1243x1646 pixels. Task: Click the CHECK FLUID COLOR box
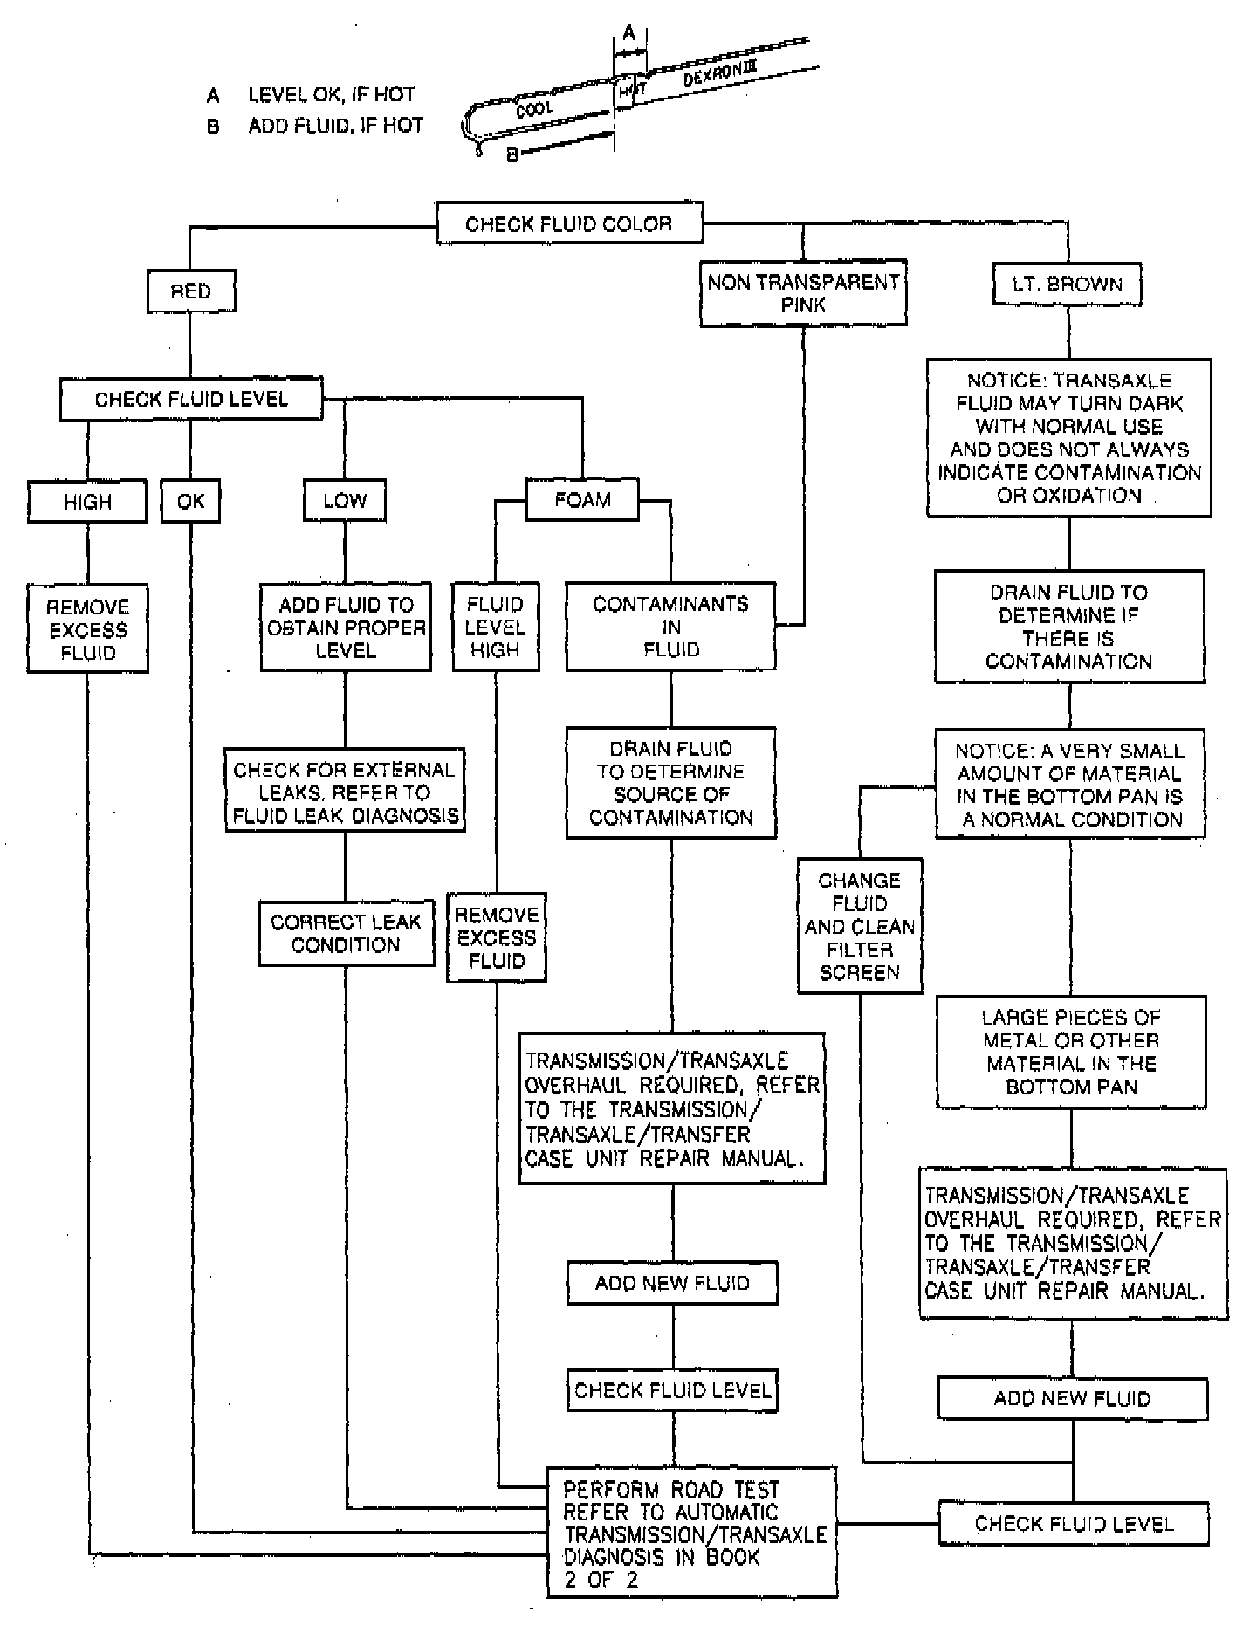click(x=569, y=224)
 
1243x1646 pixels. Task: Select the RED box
click(x=191, y=291)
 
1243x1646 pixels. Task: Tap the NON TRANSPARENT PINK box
click(x=803, y=293)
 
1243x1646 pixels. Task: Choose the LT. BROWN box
click(x=1067, y=285)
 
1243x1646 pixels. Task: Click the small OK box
click(x=190, y=501)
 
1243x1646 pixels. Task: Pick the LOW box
click(x=345, y=501)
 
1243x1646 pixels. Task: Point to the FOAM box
click(x=582, y=500)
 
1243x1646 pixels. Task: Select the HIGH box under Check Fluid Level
click(x=87, y=502)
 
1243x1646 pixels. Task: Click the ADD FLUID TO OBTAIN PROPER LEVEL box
click(x=346, y=628)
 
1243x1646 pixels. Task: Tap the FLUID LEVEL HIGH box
click(x=495, y=627)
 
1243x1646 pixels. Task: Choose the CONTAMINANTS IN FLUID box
click(x=670, y=627)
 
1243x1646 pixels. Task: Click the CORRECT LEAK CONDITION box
click(x=346, y=933)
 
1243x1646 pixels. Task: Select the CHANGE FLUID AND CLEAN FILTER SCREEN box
click(x=860, y=926)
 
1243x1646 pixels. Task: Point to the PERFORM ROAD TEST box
click(x=692, y=1533)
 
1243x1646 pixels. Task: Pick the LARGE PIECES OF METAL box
click(x=1071, y=1052)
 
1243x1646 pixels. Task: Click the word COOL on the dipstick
click(x=534, y=110)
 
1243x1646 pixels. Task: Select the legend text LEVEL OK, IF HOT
click(x=332, y=94)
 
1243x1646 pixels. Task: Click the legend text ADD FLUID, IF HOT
click(x=335, y=126)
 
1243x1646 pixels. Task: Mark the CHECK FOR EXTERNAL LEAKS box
click(x=345, y=792)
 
